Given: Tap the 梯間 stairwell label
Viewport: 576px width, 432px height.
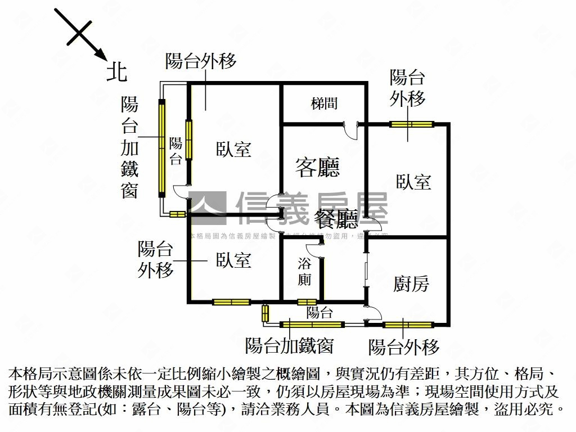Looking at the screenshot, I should click(x=324, y=103).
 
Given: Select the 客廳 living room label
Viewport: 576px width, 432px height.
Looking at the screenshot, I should click(x=318, y=167).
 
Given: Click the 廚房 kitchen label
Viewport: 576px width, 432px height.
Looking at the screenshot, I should click(x=411, y=284).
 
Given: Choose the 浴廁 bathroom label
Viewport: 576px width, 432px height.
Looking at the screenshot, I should click(x=304, y=271).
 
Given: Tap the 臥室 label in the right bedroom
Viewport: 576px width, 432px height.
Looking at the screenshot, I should click(x=413, y=182).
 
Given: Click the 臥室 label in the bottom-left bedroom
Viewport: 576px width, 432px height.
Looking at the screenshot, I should click(x=233, y=260).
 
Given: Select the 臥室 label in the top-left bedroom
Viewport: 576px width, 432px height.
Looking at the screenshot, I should click(x=233, y=149).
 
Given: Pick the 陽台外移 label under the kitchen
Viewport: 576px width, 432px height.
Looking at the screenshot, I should click(x=403, y=347).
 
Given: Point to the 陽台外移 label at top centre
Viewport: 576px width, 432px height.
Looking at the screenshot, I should click(x=201, y=61).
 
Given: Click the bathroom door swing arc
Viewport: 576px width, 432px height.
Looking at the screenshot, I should click(x=313, y=250).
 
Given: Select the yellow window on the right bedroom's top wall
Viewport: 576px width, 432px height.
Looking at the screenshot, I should click(x=412, y=124).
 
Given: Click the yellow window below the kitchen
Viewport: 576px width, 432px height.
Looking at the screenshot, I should click(x=408, y=325).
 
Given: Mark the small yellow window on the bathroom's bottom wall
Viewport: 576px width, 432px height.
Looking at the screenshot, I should click(x=307, y=302).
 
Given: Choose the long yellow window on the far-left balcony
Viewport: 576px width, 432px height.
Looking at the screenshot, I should click(x=162, y=148).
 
